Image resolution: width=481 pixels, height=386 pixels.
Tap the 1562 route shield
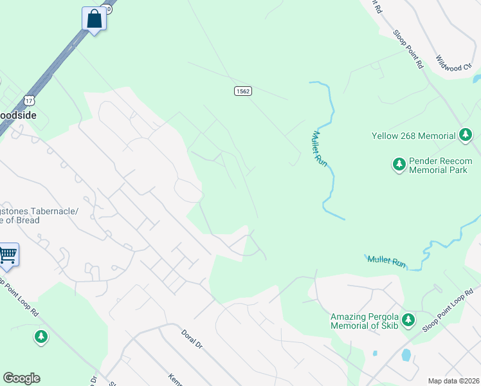click(x=242, y=91)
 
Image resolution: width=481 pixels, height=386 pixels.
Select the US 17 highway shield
click(x=28, y=101)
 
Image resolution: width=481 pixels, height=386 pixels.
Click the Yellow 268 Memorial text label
click(x=413, y=136)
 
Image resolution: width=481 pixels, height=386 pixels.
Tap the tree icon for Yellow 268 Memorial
click(x=466, y=136)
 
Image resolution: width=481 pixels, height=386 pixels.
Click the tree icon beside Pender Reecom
click(x=399, y=165)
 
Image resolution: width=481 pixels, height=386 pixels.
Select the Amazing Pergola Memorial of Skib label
click(x=364, y=321)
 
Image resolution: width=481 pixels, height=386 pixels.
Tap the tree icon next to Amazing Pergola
click(x=408, y=320)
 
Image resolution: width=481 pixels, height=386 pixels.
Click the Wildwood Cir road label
click(x=453, y=62)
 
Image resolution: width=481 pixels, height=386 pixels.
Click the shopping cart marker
click(x=8, y=255)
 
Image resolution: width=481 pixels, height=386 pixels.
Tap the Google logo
click(x=21, y=378)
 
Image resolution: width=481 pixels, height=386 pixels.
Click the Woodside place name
click(x=18, y=115)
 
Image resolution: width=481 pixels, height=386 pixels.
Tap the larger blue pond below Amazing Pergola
click(x=406, y=355)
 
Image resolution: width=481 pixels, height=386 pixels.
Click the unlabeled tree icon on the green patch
click(x=41, y=336)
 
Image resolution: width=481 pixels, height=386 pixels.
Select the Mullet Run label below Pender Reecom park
click(x=387, y=261)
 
